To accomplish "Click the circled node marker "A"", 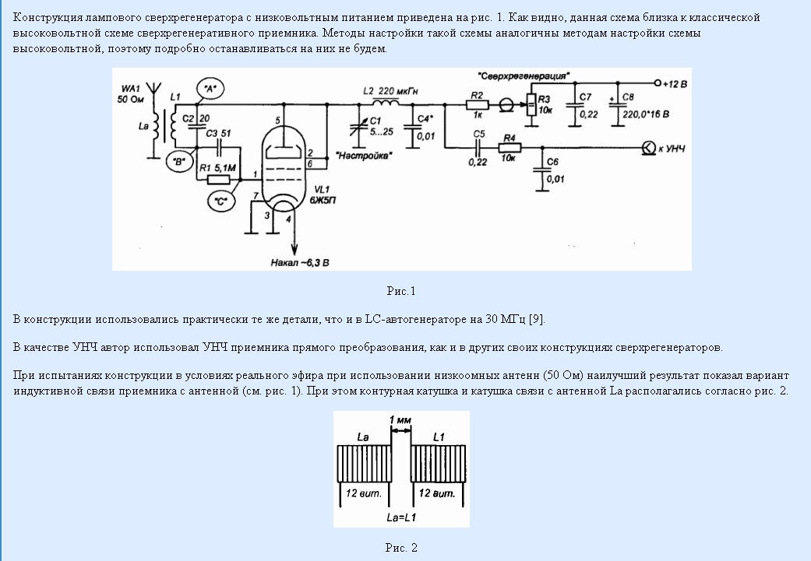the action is [210, 89].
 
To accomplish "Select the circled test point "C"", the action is [220, 201].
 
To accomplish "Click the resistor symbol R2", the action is [477, 104].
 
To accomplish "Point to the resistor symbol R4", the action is [510, 148].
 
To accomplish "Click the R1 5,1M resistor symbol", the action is [218, 180].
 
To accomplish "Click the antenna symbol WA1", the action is [153, 92].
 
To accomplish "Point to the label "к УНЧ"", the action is [672, 149].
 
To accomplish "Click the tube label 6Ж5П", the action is [323, 200].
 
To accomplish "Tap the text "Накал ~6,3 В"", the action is [300, 263].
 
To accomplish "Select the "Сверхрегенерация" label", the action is [524, 76].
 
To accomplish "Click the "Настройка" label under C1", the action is [364, 156].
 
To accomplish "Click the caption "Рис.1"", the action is [401, 291].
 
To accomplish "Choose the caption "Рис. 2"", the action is [401, 548].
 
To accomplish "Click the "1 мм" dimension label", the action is [400, 420].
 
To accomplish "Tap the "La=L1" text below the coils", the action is [401, 517].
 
